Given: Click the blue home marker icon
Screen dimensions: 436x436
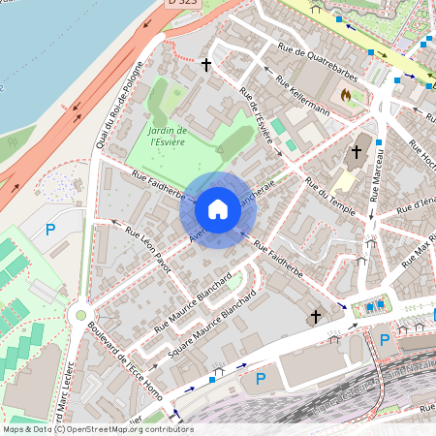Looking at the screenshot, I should pyautogui.click(x=218, y=209).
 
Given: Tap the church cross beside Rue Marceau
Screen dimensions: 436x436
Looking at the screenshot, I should pyautogui.click(x=356, y=152).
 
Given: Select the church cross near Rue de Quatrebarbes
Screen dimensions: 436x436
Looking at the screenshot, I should pyautogui.click(x=205, y=65).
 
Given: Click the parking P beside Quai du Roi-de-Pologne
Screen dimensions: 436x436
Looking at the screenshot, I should pyautogui.click(x=51, y=230).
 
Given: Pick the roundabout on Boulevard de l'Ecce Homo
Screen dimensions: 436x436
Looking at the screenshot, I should pyautogui.click(x=81, y=315).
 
